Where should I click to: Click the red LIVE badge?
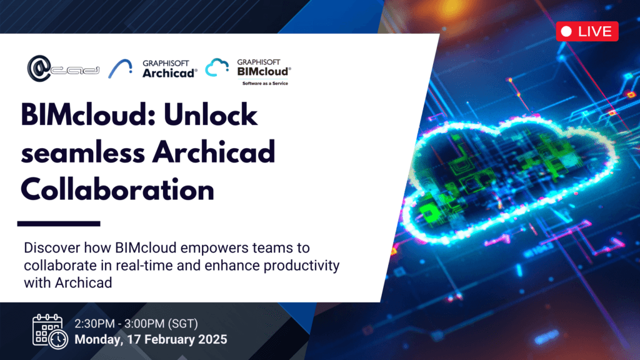[587, 31]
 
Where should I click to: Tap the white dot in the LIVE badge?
[567, 31]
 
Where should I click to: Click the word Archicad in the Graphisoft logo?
[170, 72]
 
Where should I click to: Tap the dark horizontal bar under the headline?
[59, 223]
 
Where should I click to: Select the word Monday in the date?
[96, 340]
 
